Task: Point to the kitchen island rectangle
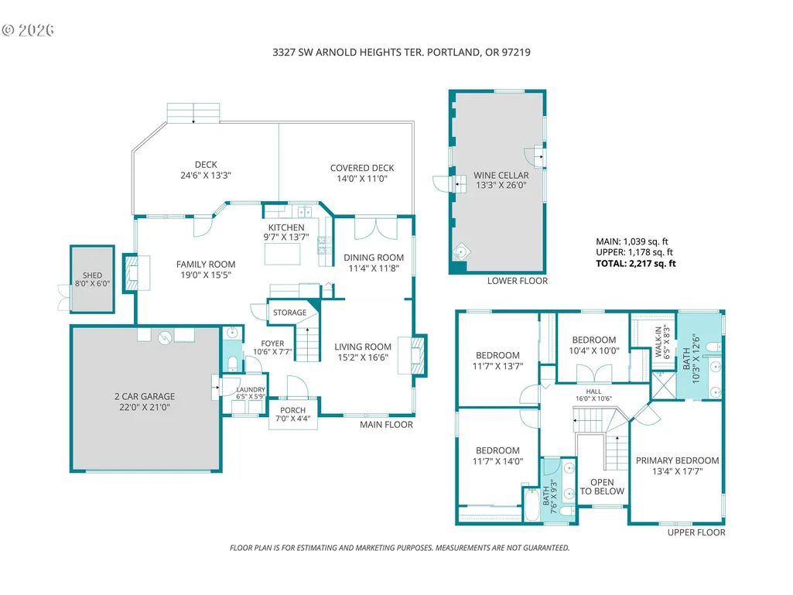point(282,254)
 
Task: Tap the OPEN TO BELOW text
point(602,487)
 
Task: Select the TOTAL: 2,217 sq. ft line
point(636,263)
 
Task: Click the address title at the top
point(401,52)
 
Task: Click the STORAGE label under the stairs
point(290,313)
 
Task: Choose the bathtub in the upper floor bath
point(532,504)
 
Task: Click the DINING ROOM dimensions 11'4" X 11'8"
point(374,268)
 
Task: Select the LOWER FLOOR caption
point(518,281)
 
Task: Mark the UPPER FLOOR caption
point(696,532)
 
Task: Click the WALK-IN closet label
point(658,342)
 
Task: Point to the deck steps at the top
point(193,113)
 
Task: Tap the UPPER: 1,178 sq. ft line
point(634,252)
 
